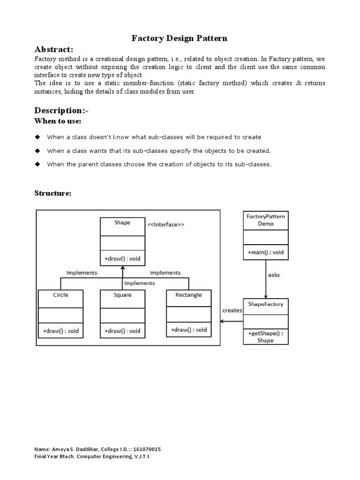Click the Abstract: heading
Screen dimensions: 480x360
tap(54, 50)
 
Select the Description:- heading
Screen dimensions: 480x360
tap(61, 110)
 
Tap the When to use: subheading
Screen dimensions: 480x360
tap(58, 121)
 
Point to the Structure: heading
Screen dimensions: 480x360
tap(53, 193)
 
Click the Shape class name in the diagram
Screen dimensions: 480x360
tap(122, 223)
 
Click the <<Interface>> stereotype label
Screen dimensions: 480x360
tap(166, 225)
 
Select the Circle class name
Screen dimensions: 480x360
tap(60, 295)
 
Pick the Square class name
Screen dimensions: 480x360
tap(122, 295)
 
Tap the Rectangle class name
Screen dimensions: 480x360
tap(188, 295)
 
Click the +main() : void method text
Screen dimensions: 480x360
tap(266, 252)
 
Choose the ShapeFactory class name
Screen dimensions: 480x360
tap(266, 304)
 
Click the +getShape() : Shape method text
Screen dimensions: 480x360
tap(266, 337)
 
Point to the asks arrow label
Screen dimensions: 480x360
tap(274, 275)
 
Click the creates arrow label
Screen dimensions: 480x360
tap(232, 310)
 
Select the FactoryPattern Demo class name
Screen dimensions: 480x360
tap(266, 220)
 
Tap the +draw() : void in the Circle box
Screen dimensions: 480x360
tap(60, 330)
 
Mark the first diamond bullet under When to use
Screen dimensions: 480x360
tap(37, 137)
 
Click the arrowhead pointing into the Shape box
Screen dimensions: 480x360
tap(122, 268)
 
